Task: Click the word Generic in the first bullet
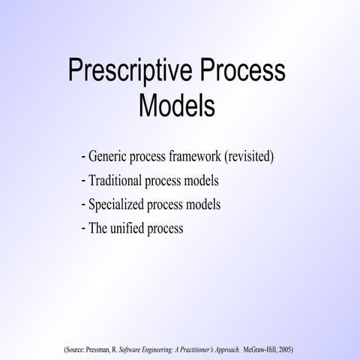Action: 109,158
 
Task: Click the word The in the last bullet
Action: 100,228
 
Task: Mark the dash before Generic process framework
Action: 82,158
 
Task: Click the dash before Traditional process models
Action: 82,181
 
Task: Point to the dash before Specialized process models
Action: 82,204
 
